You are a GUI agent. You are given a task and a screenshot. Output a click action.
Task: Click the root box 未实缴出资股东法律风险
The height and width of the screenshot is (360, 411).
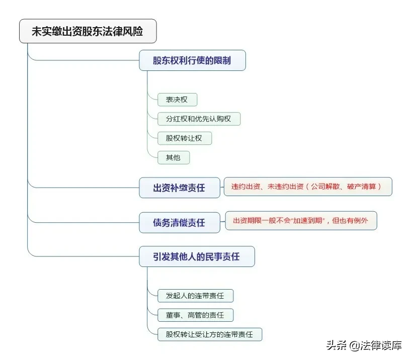tap(88, 31)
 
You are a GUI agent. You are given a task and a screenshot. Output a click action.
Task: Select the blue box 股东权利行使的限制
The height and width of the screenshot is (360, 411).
tap(192, 60)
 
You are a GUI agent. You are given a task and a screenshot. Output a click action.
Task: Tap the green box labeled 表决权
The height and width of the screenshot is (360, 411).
tap(177, 100)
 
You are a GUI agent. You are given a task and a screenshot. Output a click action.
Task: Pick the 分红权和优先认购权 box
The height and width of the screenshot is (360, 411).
tap(199, 119)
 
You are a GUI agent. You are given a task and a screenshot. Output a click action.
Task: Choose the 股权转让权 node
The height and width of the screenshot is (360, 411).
tap(185, 138)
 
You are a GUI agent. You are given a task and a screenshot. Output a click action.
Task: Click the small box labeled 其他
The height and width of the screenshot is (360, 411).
tap(174, 157)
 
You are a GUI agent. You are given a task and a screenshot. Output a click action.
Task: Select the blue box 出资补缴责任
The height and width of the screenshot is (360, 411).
tap(180, 188)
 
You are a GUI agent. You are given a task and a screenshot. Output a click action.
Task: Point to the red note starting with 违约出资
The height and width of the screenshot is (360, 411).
tap(308, 187)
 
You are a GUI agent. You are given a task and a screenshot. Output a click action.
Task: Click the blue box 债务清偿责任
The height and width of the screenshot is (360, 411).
tap(180, 223)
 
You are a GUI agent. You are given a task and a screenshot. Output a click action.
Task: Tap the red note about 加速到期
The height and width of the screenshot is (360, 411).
tap(301, 221)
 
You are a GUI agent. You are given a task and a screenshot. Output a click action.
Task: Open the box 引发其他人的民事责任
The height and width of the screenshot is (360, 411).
tap(197, 256)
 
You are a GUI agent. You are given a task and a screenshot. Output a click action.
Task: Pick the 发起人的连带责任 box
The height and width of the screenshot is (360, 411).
tap(195, 296)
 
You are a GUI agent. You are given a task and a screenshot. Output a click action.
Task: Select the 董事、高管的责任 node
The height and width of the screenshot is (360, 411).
tap(195, 315)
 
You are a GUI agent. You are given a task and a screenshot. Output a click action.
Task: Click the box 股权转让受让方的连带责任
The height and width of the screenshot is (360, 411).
tap(210, 334)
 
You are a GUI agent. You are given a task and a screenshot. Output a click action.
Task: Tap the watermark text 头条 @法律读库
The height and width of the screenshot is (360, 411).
tap(364, 345)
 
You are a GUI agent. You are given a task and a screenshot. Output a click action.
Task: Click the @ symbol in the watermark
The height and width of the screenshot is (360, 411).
tap(354, 346)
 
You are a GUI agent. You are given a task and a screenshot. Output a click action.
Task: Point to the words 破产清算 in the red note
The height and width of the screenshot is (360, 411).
tap(362, 187)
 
